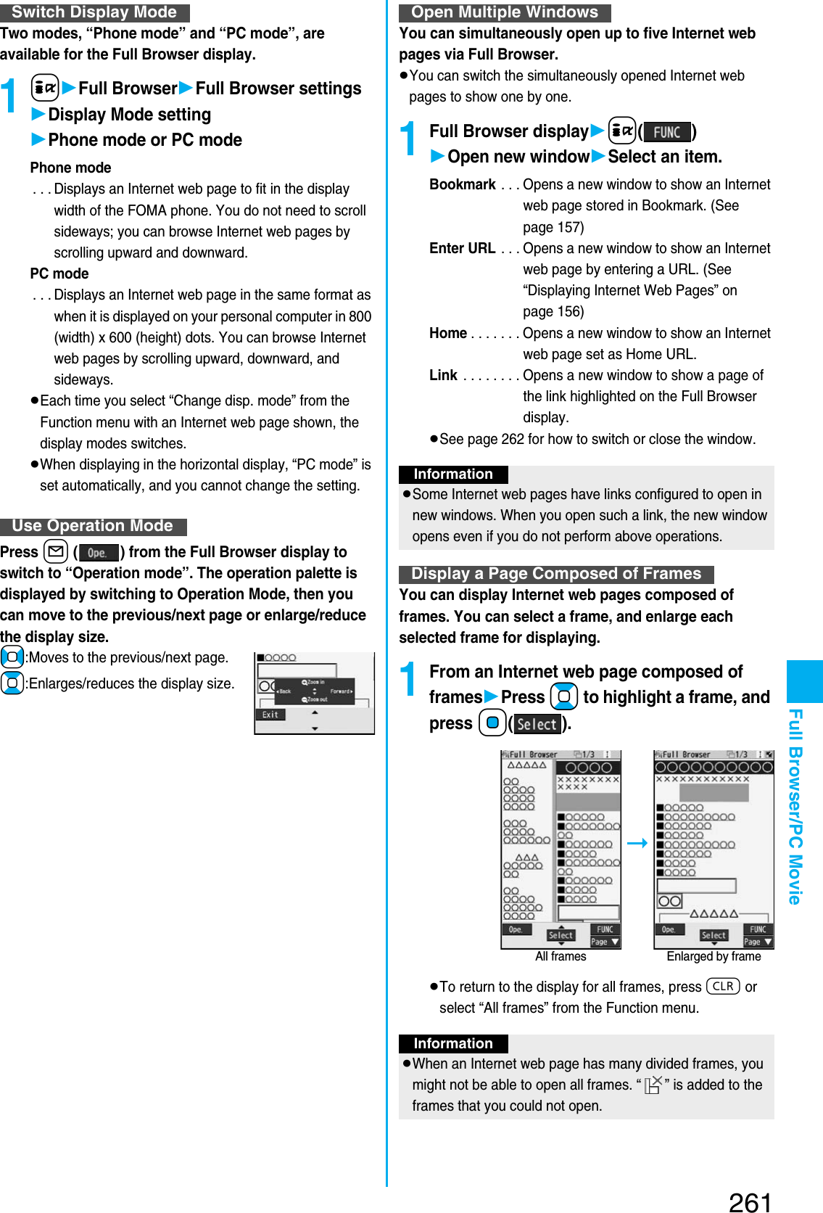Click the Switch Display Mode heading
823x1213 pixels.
[94, 12]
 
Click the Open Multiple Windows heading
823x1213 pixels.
[504, 12]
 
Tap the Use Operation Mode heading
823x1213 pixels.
[93, 526]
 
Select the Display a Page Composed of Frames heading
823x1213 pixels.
[555, 574]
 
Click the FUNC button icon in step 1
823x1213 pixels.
[666, 132]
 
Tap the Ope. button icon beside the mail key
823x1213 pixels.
[98, 553]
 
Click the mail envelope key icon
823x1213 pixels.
[56, 552]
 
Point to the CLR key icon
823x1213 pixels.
[722, 987]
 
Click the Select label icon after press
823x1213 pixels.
[537, 724]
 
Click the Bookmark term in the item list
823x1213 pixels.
[462, 184]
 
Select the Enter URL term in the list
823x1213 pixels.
[462, 248]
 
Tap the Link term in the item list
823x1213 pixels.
[443, 375]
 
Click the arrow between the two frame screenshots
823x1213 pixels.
[637, 843]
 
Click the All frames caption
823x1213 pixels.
[561, 956]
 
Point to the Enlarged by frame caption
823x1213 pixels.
[714, 956]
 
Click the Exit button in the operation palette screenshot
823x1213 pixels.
[270, 715]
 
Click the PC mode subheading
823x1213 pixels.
[59, 274]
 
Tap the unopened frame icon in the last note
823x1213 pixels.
[653, 1085]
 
